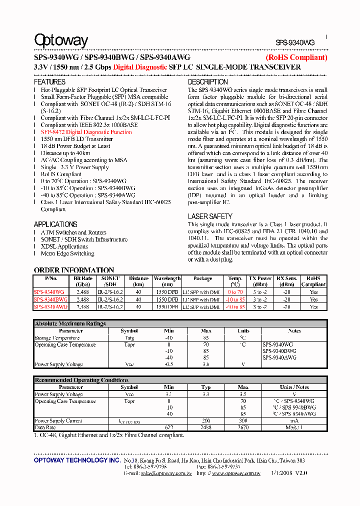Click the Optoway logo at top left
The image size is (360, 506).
coord(60,40)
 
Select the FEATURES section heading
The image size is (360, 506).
coord(49,82)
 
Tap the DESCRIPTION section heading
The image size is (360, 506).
coord(207,82)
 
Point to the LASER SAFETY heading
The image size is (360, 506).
coord(210,216)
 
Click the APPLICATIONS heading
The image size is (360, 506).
coord(55,224)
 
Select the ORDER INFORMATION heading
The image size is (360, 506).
coord(74,270)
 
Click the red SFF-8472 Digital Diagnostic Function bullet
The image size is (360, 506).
coord(86,132)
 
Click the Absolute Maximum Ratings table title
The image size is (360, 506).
coord(70,323)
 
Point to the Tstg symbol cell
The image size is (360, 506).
coord(129,338)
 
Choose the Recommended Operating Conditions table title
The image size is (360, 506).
coord(81,380)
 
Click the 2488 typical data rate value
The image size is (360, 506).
coord(206,428)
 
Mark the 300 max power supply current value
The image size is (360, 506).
coord(243,421)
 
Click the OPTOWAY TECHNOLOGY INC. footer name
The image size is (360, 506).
coord(76,460)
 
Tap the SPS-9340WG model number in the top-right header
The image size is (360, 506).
coord(295,43)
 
